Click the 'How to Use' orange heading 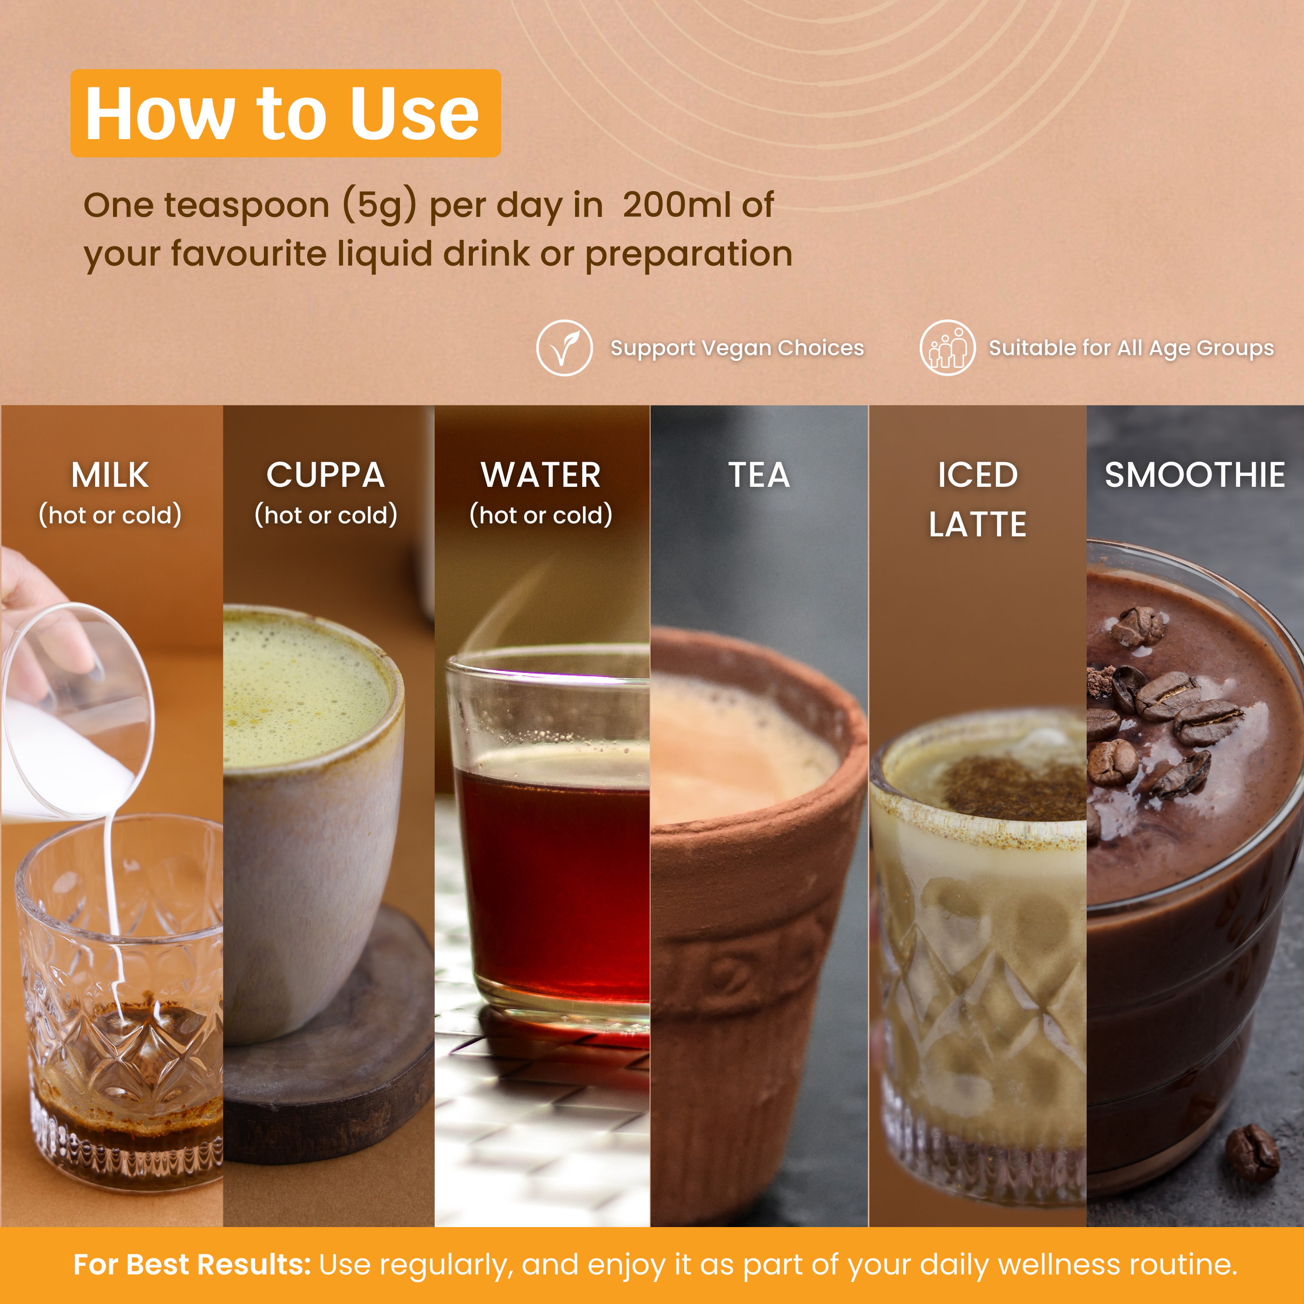point(285,113)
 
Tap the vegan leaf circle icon point(564,348)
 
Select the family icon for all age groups point(947,348)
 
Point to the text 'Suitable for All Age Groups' point(1131,348)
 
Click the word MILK point(110,475)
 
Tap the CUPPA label point(325,475)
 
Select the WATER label point(541,475)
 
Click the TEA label point(758,475)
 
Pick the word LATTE point(977,525)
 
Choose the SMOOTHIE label point(1194,475)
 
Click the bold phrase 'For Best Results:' point(192,1264)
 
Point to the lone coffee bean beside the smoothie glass point(1252,1152)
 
